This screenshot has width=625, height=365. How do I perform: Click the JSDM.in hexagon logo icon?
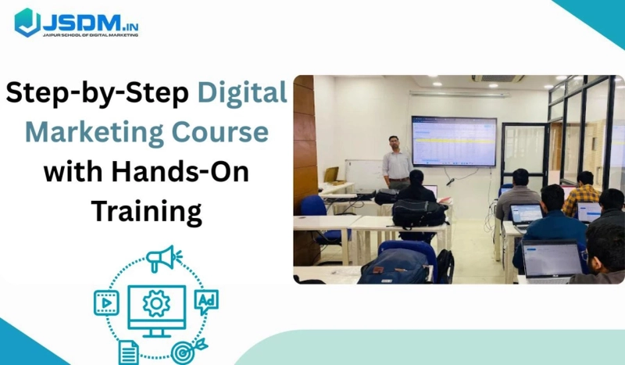(x=27, y=22)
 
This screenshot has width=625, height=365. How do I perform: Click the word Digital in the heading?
(x=242, y=94)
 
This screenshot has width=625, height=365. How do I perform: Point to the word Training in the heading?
(x=146, y=209)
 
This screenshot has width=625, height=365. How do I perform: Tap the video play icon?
(x=105, y=302)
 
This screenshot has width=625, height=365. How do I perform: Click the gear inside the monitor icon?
(x=156, y=302)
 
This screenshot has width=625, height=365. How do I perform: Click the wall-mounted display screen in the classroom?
(x=453, y=141)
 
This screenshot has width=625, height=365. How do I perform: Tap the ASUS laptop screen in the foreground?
(x=552, y=258)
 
